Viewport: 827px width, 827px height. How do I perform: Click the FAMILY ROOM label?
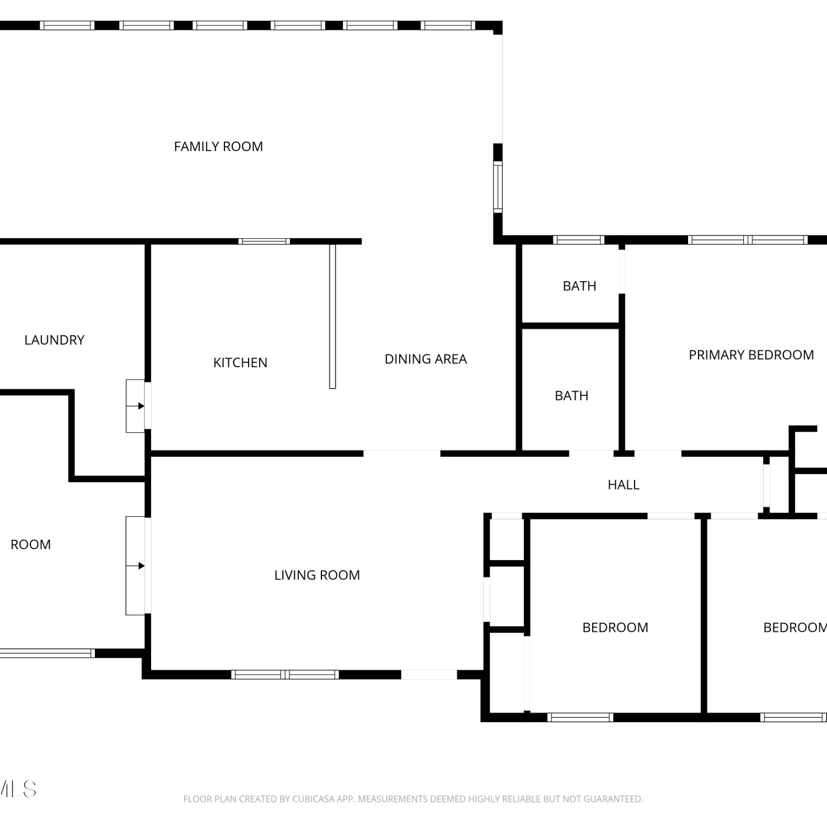pyautogui.click(x=218, y=147)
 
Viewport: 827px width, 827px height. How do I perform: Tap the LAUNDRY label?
pyautogui.click(x=55, y=340)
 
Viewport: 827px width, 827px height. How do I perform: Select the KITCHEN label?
pyautogui.click(x=240, y=363)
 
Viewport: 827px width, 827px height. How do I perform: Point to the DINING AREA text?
pyautogui.click(x=426, y=359)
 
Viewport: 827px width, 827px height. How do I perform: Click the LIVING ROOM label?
pyautogui.click(x=317, y=575)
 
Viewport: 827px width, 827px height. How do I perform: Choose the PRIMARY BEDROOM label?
pyautogui.click(x=751, y=355)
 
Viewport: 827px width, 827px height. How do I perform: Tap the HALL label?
pyautogui.click(x=624, y=485)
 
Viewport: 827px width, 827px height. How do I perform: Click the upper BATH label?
pyautogui.click(x=579, y=286)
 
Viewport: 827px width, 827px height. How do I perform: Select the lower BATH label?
pyautogui.click(x=572, y=396)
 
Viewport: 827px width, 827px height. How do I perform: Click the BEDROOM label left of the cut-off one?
pyautogui.click(x=615, y=627)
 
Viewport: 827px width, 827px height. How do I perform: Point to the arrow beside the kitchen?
pyautogui.click(x=136, y=406)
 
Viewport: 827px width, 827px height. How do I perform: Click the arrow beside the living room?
pyautogui.click(x=136, y=566)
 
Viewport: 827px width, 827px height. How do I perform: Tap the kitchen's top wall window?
pyautogui.click(x=264, y=241)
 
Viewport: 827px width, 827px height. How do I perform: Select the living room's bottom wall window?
pyautogui.click(x=284, y=674)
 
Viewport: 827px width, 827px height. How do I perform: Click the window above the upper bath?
pyautogui.click(x=578, y=240)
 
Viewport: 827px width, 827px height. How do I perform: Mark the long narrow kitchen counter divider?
pyautogui.click(x=332, y=316)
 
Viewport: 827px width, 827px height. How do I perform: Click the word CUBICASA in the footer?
pyautogui.click(x=313, y=799)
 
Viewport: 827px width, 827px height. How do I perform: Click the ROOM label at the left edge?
pyautogui.click(x=31, y=545)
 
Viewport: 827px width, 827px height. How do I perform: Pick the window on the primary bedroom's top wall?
pyautogui.click(x=748, y=240)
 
